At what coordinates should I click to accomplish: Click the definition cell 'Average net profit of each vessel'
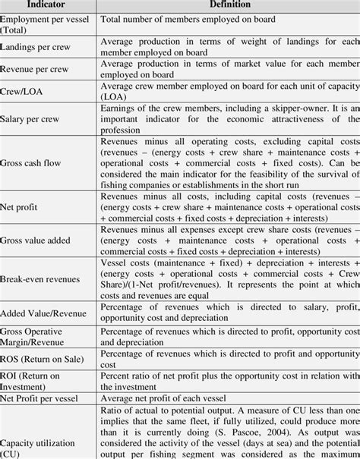171,397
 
